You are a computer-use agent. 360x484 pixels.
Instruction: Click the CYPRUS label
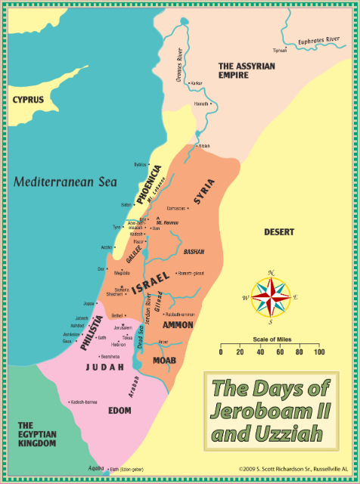(27, 99)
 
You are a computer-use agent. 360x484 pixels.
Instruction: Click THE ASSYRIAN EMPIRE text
(247, 71)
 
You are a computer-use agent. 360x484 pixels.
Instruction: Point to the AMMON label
(178, 324)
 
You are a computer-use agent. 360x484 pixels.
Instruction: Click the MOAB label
(164, 360)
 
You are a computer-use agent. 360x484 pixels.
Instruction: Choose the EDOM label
(119, 411)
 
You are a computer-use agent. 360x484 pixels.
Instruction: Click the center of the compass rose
(270, 296)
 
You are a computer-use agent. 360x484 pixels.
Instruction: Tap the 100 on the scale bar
(319, 352)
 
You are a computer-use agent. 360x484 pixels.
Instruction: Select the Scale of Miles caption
(268, 340)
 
